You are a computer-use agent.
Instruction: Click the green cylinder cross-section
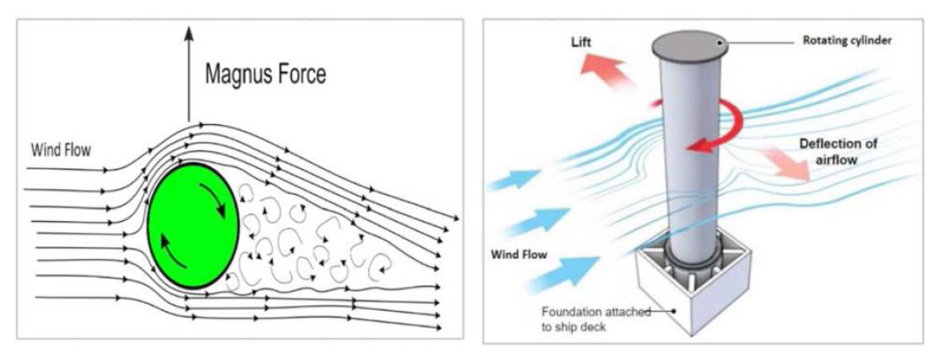coord(193,226)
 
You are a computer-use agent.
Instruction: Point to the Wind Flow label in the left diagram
coord(61,151)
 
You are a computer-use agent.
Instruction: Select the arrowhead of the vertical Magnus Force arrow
coord(189,34)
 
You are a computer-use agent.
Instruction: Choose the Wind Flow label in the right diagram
coord(520,253)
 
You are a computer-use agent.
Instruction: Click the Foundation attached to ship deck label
coord(596,318)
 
